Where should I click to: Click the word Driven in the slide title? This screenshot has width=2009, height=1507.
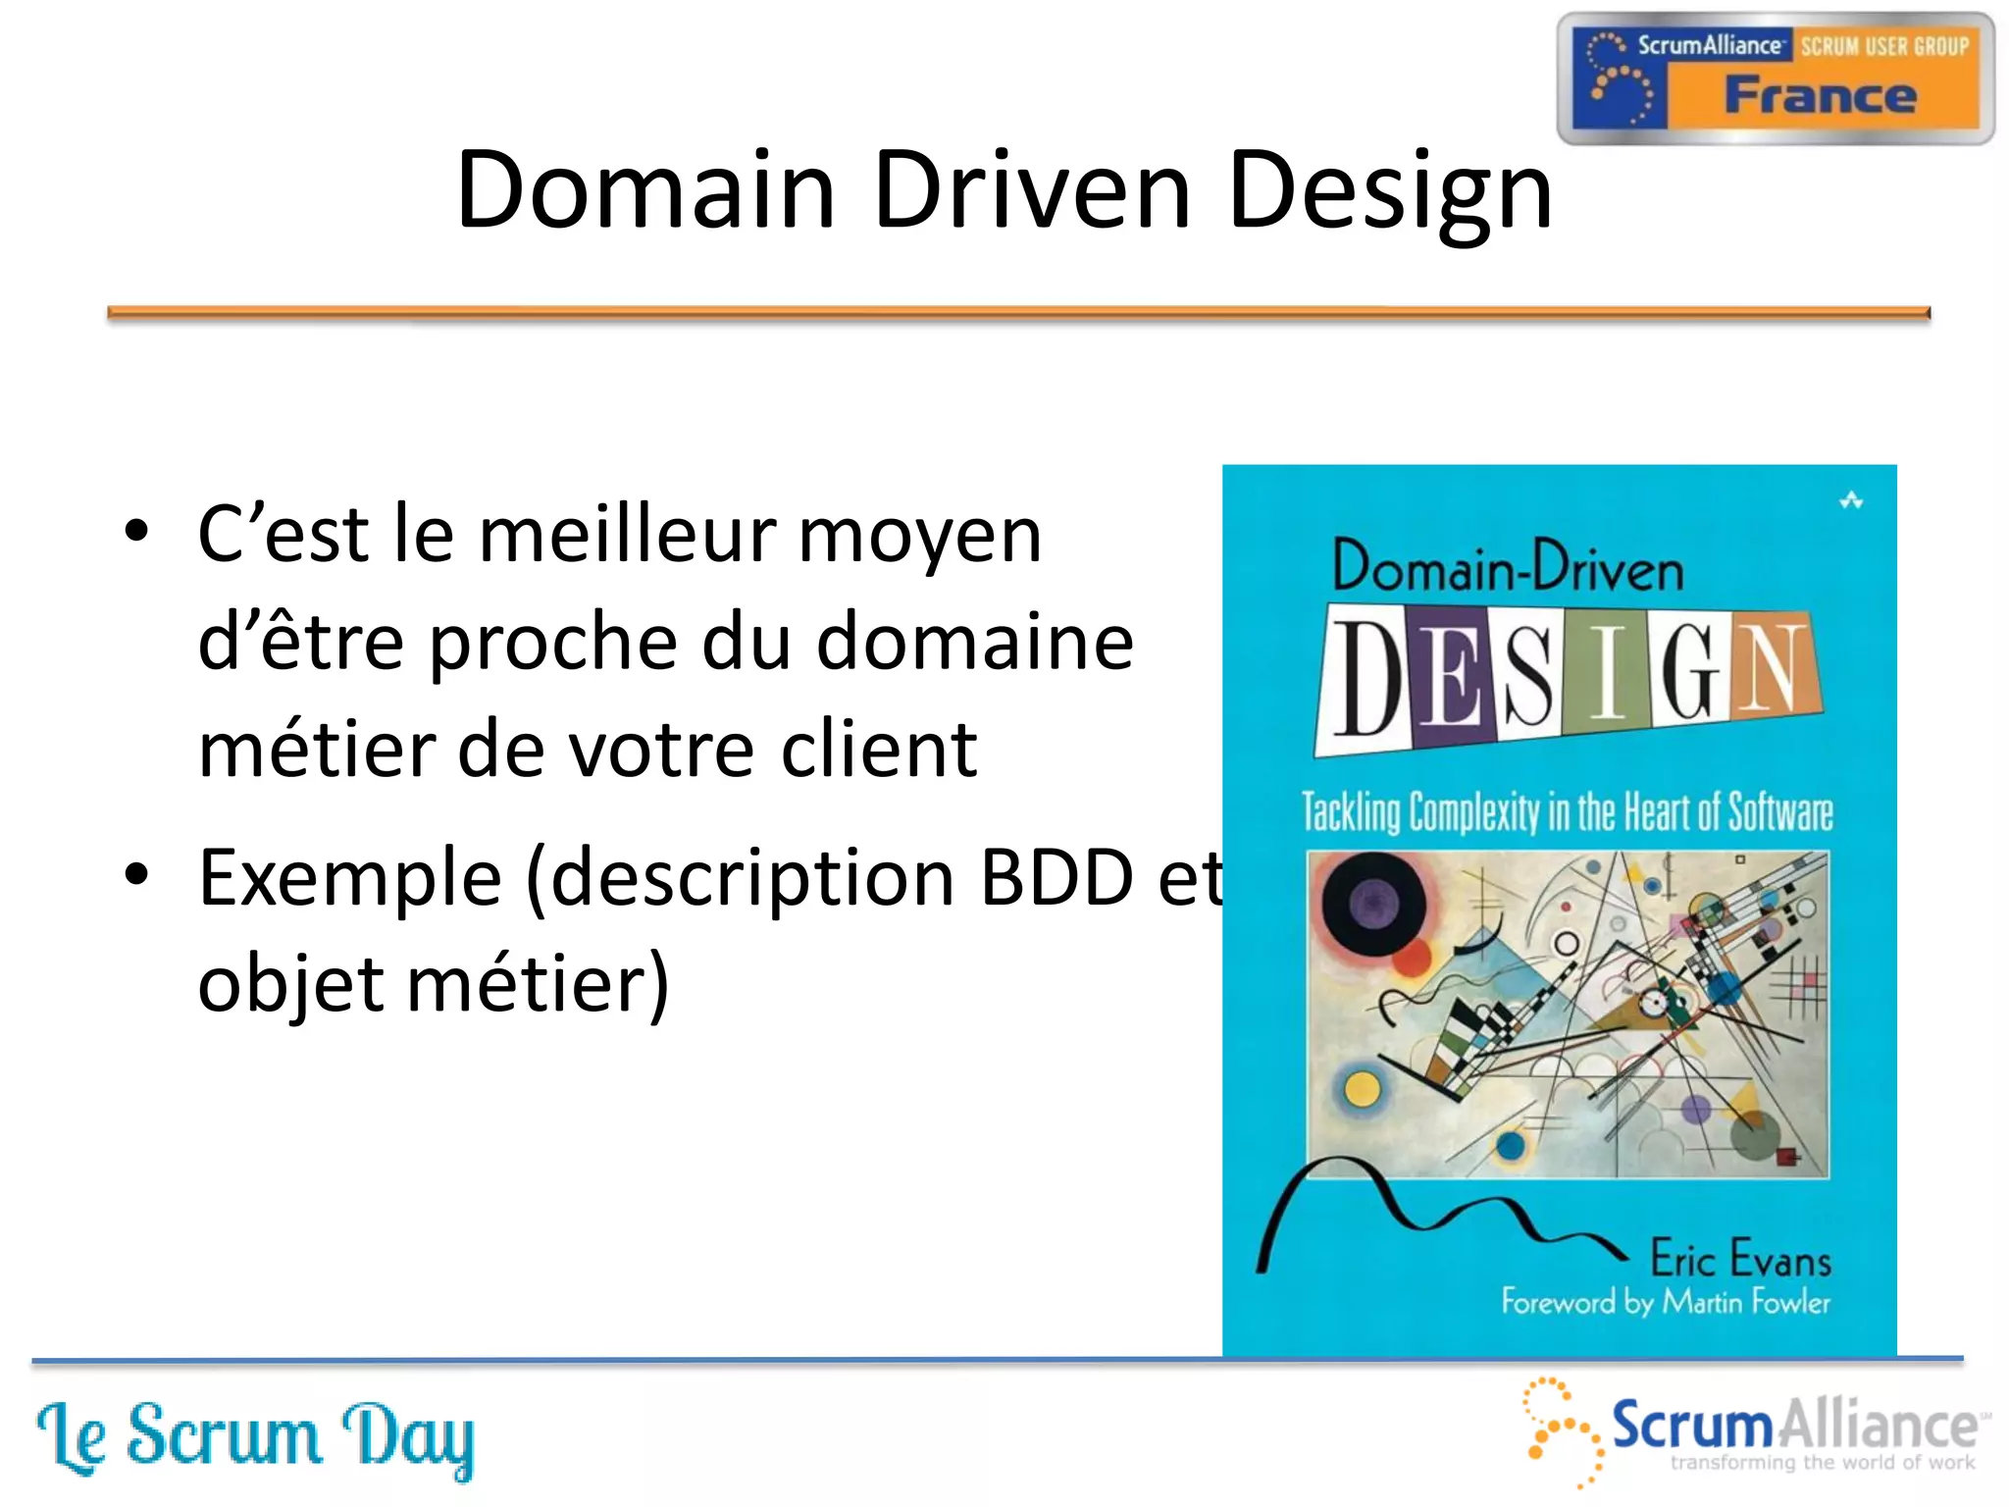pyautogui.click(x=1030, y=190)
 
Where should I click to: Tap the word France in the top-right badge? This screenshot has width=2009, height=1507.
pyautogui.click(x=1820, y=96)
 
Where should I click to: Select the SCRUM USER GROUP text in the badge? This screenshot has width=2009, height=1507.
pyautogui.click(x=1883, y=46)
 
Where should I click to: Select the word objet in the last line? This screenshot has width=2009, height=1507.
pyautogui.click(x=290, y=983)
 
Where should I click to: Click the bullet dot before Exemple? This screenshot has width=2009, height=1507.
pyautogui.click(x=137, y=873)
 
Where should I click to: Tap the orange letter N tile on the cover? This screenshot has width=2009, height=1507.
pyautogui.click(x=1774, y=667)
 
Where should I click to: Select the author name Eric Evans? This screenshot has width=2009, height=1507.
pyautogui.click(x=1739, y=1259)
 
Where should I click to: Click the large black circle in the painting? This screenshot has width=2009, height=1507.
pyautogui.click(x=1372, y=903)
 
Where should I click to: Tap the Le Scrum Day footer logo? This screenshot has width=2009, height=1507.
pyautogui.click(x=255, y=1437)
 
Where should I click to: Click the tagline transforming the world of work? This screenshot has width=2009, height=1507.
pyautogui.click(x=1822, y=1463)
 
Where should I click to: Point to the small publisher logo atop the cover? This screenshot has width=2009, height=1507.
pyautogui.click(x=1850, y=500)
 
